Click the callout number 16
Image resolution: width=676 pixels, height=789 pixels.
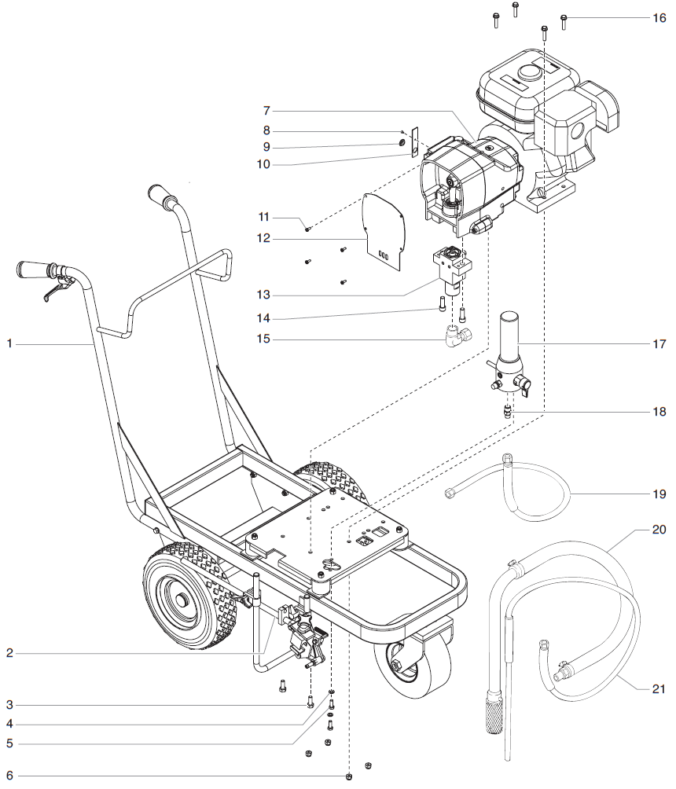pos(659,17)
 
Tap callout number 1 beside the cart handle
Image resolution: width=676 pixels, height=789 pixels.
pos(9,343)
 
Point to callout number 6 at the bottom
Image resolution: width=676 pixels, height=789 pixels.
pos(9,776)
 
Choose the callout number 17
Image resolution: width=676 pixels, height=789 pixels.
pos(659,343)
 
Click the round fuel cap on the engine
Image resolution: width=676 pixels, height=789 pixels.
pos(531,72)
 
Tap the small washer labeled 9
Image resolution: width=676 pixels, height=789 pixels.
pos(402,144)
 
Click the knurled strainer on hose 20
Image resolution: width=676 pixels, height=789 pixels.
pos(494,711)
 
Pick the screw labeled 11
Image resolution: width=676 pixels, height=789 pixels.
pos(308,229)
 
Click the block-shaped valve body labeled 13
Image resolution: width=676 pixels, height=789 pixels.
pos(448,267)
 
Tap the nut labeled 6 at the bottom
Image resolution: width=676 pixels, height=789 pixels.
pos(348,776)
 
